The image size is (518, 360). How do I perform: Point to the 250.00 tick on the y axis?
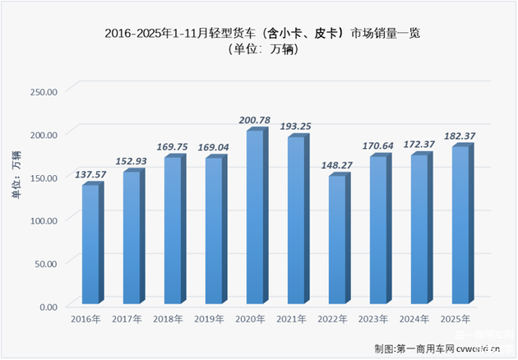[x=42, y=90]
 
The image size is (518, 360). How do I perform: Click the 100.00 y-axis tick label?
[x=42, y=220]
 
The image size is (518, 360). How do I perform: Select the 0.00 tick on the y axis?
[x=47, y=307]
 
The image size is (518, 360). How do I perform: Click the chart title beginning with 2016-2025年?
[x=258, y=33]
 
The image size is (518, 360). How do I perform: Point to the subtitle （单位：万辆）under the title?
[x=258, y=51]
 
